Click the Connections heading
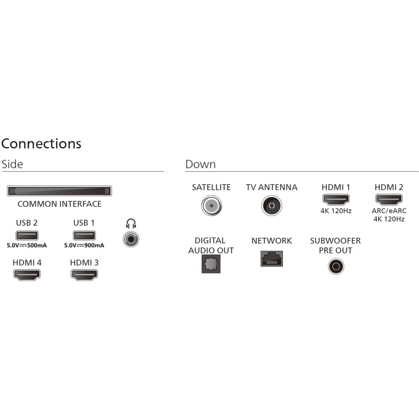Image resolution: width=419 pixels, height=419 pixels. point(41,144)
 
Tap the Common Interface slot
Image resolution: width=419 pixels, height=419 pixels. point(59,191)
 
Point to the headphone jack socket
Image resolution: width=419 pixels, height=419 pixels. point(130,240)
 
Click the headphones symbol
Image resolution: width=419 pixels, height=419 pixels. point(131,224)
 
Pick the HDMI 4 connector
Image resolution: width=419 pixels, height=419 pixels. point(27,274)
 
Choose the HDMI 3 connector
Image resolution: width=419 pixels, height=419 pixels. point(84,274)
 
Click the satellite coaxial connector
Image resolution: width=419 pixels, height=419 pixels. point(211,205)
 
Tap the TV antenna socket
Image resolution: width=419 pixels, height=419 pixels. point(271,205)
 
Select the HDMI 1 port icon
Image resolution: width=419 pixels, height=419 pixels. point(336,200)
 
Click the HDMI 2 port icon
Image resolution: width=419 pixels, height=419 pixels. point(389,200)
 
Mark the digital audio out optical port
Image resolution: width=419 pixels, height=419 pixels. point(211,264)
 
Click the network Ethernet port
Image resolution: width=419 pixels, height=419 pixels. point(271,258)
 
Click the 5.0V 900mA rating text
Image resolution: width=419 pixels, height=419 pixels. point(84,246)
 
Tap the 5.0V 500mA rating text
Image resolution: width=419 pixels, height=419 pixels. point(27,246)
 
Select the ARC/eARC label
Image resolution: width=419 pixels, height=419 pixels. point(389,211)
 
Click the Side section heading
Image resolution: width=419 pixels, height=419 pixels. point(13,164)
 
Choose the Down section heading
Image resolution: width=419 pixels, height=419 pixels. point(200,164)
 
